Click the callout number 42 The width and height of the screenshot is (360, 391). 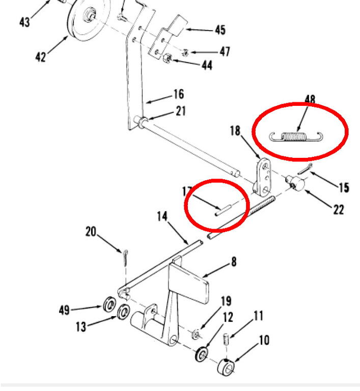tap(41, 56)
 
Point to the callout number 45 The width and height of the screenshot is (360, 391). tap(219, 30)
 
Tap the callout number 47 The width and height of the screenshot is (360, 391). tap(225, 52)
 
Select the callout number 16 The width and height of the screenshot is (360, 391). tap(178, 94)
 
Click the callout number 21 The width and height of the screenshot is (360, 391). tap(181, 111)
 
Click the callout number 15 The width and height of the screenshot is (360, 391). tap(344, 187)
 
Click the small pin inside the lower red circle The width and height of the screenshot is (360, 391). tap(224, 210)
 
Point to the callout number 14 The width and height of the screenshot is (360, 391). tap(162, 217)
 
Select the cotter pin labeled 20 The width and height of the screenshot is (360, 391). tap(125, 257)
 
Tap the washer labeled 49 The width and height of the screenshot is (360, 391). tap(109, 306)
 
